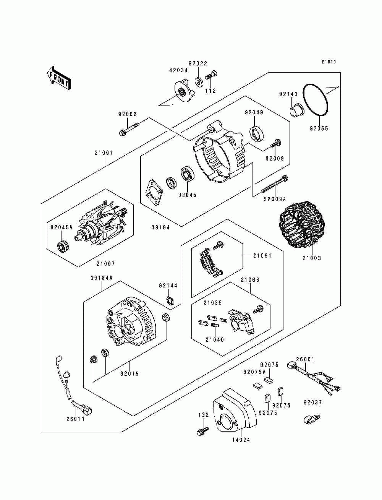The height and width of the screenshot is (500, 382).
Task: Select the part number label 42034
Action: click(x=178, y=70)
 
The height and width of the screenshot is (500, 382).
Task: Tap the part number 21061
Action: click(x=262, y=255)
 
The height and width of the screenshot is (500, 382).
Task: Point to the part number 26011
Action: click(x=75, y=419)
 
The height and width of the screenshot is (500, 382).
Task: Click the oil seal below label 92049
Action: click(x=256, y=132)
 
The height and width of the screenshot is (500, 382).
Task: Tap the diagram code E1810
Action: click(x=329, y=62)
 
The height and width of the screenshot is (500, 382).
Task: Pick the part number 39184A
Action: click(x=102, y=278)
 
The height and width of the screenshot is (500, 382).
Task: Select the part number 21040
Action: click(x=215, y=339)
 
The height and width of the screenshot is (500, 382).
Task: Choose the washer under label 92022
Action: click(x=199, y=81)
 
